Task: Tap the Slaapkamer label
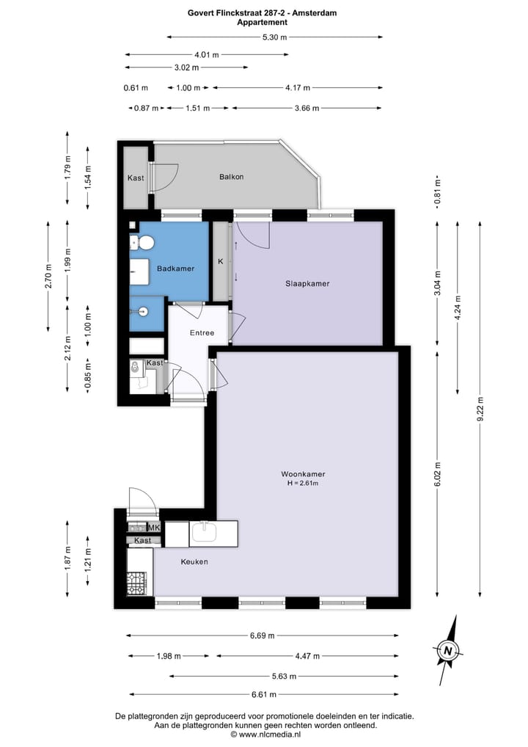(307, 283)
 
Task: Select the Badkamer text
(175, 269)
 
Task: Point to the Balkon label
(231, 177)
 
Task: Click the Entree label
(202, 332)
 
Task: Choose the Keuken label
(194, 561)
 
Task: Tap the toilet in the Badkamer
(145, 242)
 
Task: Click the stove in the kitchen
(137, 583)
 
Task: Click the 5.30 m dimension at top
(275, 37)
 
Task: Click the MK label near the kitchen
(155, 528)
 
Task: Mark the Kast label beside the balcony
(135, 178)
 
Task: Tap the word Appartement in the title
(262, 22)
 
